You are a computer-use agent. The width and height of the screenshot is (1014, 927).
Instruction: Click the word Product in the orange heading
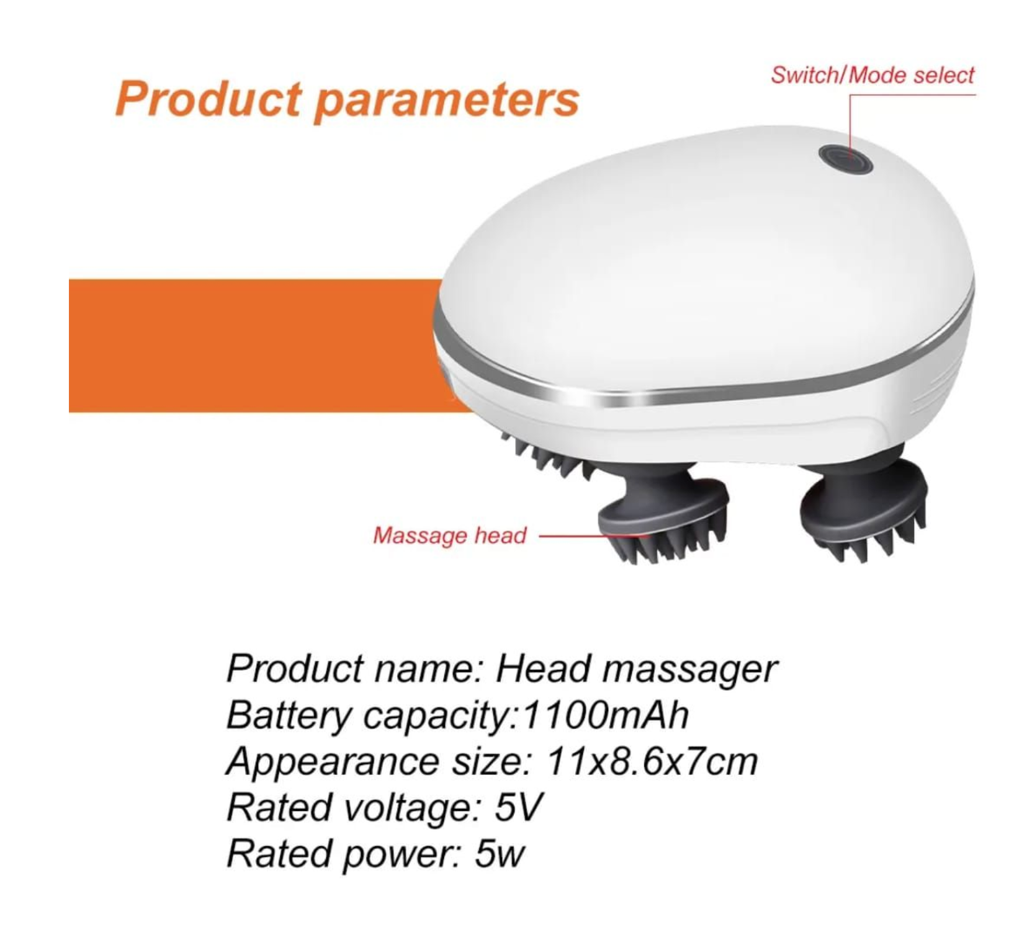pyautogui.click(x=209, y=99)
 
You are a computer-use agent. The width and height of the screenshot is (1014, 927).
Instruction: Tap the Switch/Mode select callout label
pyautogui.click(x=873, y=75)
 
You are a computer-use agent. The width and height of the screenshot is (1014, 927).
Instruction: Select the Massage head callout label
pyautogui.click(x=449, y=535)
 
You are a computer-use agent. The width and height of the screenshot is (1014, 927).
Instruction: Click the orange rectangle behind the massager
pyautogui.click(x=254, y=346)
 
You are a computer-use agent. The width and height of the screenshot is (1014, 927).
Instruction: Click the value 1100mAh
pyautogui.click(x=606, y=715)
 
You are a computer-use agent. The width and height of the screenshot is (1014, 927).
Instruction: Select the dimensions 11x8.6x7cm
pyautogui.click(x=652, y=761)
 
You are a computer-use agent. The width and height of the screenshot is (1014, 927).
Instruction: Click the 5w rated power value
pyautogui.click(x=500, y=854)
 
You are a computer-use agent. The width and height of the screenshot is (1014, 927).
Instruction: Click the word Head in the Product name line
pyautogui.click(x=542, y=668)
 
